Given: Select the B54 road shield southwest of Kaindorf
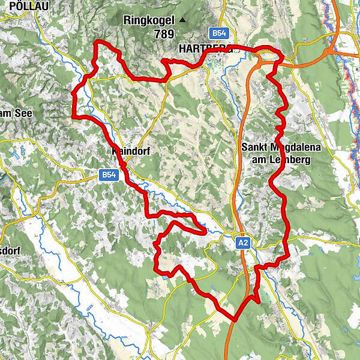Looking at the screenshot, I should click(x=108, y=175).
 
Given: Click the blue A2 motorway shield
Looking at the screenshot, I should click(x=242, y=243).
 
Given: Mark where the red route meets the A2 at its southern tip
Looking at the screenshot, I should click(x=235, y=320).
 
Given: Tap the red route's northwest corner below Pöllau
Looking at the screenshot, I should click(x=98, y=41).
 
